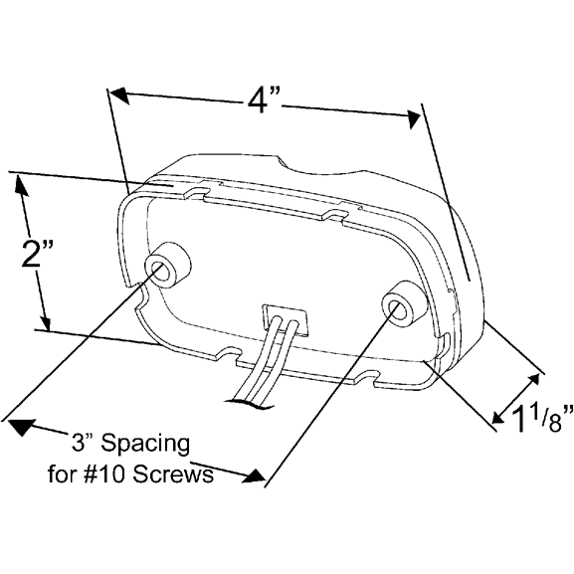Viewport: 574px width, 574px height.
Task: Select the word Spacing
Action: click(145, 445)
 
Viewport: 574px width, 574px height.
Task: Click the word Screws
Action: click(172, 475)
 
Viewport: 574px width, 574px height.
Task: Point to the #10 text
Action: click(105, 475)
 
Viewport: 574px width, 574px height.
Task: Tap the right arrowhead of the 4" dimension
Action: click(415, 118)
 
